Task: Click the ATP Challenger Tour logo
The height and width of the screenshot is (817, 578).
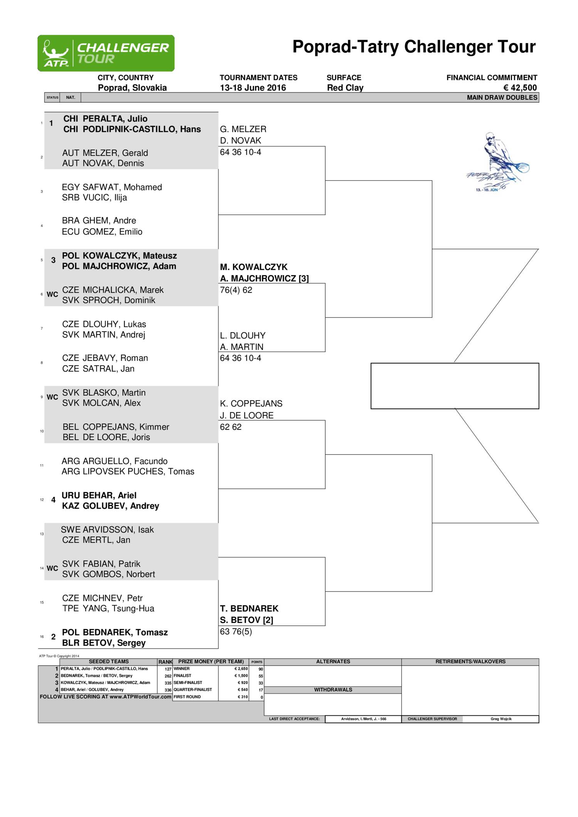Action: [x=106, y=53]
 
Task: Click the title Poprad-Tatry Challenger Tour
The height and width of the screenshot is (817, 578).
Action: [x=414, y=47]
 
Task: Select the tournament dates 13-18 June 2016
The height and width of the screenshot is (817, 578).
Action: [x=253, y=88]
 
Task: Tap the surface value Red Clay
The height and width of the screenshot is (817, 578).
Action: [x=345, y=88]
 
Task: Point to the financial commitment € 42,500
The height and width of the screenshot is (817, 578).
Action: [x=520, y=88]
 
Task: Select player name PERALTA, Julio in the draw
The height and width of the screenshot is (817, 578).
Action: [x=115, y=119]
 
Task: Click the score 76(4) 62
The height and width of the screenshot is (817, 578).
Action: [x=236, y=290]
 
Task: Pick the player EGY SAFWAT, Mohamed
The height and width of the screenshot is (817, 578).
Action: [x=112, y=187]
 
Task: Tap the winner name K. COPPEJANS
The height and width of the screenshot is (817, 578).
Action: [x=251, y=404]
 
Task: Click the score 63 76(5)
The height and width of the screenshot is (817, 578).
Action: [x=236, y=631]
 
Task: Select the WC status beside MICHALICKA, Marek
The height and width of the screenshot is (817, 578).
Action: [x=52, y=294]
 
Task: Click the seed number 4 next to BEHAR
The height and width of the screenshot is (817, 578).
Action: [x=53, y=500]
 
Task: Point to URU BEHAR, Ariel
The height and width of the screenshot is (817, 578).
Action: [x=99, y=495]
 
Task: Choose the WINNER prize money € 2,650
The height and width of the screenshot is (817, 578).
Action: [x=241, y=669]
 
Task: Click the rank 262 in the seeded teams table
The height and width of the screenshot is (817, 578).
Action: [x=168, y=676]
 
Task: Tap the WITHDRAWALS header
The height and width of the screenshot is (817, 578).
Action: [x=333, y=690]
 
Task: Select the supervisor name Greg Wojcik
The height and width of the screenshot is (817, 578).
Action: [x=501, y=719]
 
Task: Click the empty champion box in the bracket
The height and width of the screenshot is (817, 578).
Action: [x=455, y=386]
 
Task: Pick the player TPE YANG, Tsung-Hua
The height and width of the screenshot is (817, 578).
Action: [x=108, y=609]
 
